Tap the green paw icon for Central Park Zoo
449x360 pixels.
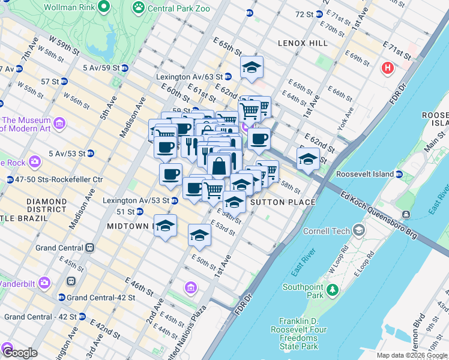(139, 7)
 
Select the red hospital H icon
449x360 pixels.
(388, 68)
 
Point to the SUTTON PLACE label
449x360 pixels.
(282, 203)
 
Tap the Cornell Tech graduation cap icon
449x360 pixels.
(359, 230)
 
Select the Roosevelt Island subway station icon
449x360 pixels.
(399, 175)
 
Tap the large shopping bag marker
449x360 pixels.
(219, 166)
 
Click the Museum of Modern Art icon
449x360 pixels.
(59, 124)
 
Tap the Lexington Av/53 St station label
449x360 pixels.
(137, 200)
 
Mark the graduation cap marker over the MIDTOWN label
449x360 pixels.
(166, 226)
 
